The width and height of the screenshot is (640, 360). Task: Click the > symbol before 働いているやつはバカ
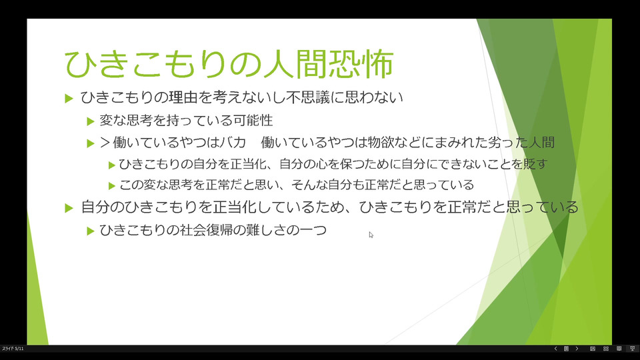pyautogui.click(x=105, y=143)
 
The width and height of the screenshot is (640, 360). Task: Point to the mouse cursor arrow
pyautogui.click(x=371, y=235)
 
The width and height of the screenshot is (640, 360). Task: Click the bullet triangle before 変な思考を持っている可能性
pyautogui.click(x=91, y=121)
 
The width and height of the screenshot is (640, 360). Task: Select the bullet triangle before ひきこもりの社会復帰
pyautogui.click(x=91, y=231)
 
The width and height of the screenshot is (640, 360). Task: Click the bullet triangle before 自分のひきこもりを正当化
pyautogui.click(x=69, y=208)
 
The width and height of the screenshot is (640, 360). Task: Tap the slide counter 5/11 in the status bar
pyautogui.click(x=19, y=349)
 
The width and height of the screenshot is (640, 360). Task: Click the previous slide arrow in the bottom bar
pyautogui.click(x=555, y=349)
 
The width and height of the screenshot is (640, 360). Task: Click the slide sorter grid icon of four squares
pyautogui.click(x=606, y=349)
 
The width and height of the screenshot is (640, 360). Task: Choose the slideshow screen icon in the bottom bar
pyautogui.click(x=632, y=349)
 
